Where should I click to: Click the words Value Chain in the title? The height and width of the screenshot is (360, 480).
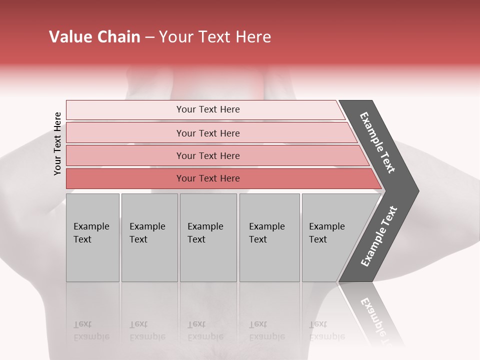pyautogui.click(x=94, y=37)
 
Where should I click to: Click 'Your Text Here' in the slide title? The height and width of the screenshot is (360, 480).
pyautogui.click(x=215, y=37)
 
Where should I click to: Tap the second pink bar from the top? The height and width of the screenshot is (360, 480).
pyautogui.click(x=208, y=133)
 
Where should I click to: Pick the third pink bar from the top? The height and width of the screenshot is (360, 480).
pyautogui.click(x=208, y=155)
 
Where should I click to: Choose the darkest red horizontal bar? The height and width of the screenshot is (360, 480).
pyautogui.click(x=208, y=178)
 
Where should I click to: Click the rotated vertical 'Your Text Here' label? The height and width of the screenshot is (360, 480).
pyautogui.click(x=57, y=143)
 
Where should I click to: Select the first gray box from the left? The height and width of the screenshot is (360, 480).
pyautogui.click(x=92, y=237)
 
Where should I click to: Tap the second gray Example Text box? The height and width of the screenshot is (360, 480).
pyautogui.click(x=149, y=237)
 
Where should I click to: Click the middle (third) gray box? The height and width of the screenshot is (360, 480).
pyautogui.click(x=208, y=237)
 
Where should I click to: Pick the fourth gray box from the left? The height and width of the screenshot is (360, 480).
pyautogui.click(x=269, y=237)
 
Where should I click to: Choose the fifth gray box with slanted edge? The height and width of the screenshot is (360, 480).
pyautogui.click(x=330, y=237)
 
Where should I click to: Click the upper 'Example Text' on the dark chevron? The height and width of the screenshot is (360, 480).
pyautogui.click(x=377, y=142)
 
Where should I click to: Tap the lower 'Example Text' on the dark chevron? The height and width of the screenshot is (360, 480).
pyautogui.click(x=379, y=236)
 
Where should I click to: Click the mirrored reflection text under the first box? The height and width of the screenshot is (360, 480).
pyautogui.click(x=91, y=330)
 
